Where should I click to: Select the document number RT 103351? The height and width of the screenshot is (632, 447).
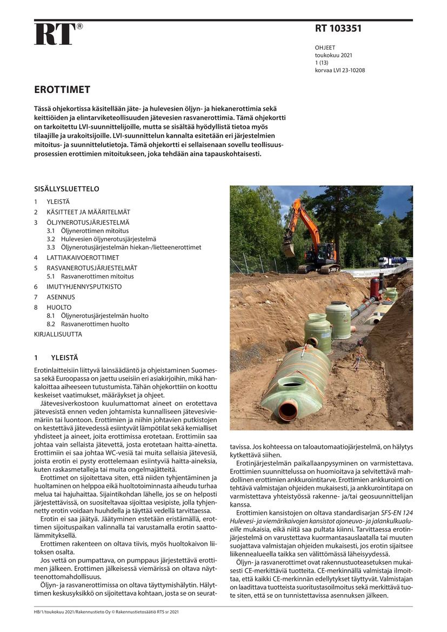(x=338, y=29)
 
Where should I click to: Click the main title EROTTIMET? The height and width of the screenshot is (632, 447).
(x=62, y=90)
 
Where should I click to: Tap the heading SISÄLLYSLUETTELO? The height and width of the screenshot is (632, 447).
(x=66, y=189)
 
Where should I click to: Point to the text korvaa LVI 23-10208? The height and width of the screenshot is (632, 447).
(x=339, y=70)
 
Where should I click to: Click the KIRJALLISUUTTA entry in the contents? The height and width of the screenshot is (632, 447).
(x=58, y=335)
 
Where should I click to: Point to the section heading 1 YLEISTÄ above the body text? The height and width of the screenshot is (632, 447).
(x=56, y=358)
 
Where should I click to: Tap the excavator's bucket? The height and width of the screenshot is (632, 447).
(x=289, y=249)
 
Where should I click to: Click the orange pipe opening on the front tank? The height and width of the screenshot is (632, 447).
(x=288, y=409)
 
